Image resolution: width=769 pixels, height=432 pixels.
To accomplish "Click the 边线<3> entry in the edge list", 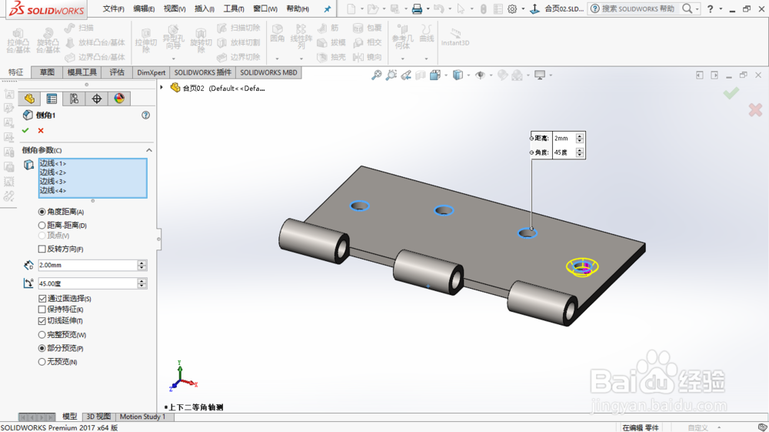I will pyautogui.click(x=53, y=181).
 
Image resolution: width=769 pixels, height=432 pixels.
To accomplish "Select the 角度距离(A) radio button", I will pyautogui.click(x=42, y=212).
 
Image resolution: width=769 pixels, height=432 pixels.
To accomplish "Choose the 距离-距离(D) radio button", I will pyautogui.click(x=42, y=226).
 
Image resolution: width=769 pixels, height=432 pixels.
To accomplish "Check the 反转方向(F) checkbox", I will pyautogui.click(x=42, y=249).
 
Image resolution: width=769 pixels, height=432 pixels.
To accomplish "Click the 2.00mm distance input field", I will pyautogui.click(x=87, y=265).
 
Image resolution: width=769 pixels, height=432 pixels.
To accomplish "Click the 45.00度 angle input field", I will pyautogui.click(x=87, y=283).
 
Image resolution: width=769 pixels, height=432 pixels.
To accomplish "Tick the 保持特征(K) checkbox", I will pyautogui.click(x=42, y=310).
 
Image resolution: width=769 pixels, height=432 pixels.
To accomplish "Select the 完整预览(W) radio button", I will pyautogui.click(x=42, y=335).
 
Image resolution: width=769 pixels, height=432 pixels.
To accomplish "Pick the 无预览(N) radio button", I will pyautogui.click(x=42, y=361).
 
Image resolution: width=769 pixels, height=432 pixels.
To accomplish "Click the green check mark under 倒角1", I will pyautogui.click(x=25, y=131).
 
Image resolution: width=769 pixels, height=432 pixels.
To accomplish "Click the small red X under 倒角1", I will pyautogui.click(x=41, y=131).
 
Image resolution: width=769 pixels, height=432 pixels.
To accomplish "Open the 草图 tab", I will pyautogui.click(x=48, y=72).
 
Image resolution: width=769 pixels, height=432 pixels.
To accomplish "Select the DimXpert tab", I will pyautogui.click(x=151, y=72).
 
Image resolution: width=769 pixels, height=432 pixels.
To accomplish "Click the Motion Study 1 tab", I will pyautogui.click(x=142, y=417).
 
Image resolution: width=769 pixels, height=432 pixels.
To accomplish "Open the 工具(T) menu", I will pyautogui.click(x=234, y=9).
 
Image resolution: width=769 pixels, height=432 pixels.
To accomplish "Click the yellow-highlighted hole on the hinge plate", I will pyautogui.click(x=582, y=267).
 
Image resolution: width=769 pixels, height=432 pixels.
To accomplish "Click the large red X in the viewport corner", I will pyautogui.click(x=755, y=110).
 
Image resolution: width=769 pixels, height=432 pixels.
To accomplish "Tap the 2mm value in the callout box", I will pyautogui.click(x=562, y=138).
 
